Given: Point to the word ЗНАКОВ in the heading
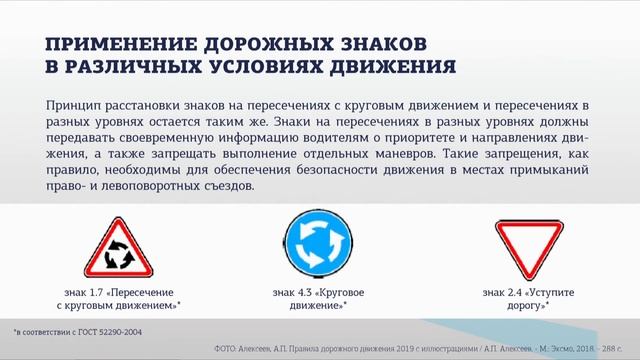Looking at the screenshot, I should [x=379, y=44].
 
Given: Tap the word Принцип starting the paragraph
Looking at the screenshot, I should [x=75, y=105].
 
